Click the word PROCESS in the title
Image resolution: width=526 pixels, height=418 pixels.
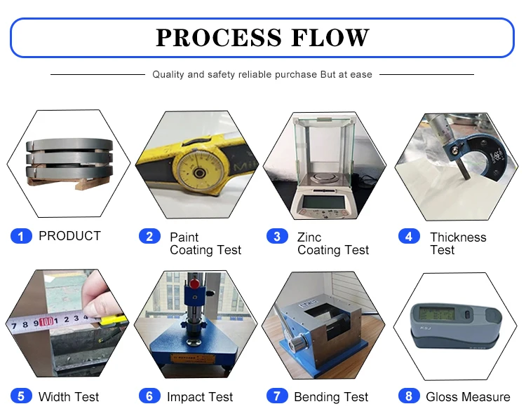click(217, 37)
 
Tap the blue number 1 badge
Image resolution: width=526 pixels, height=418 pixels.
click(21, 237)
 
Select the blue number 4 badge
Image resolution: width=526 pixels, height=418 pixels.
click(409, 237)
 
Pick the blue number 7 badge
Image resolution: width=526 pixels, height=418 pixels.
click(277, 396)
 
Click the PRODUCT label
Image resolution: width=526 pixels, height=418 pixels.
click(69, 236)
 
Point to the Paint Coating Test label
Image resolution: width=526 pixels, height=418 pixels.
click(205, 243)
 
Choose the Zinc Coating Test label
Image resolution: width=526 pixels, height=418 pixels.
click(332, 243)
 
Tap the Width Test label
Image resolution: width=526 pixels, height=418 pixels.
click(69, 397)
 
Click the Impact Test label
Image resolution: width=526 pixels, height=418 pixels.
click(200, 397)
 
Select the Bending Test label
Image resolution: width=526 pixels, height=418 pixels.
click(331, 397)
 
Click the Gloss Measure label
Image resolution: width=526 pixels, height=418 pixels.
click(468, 397)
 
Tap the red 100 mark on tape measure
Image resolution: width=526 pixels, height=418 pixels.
click(46, 323)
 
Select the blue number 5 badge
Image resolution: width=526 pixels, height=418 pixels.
click(21, 396)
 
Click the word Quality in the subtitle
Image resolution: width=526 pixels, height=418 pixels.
click(168, 74)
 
